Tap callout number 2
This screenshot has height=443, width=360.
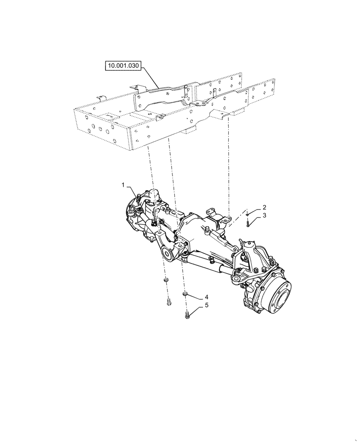coord(264,207)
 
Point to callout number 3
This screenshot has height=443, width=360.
coord(264,216)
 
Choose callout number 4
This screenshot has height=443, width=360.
coord(206,296)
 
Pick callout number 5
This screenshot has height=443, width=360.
coord(206,306)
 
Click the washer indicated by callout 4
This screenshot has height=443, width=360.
coord(186,294)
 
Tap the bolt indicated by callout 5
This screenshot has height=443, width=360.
coord(187,315)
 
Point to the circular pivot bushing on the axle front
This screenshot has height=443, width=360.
coord(168,254)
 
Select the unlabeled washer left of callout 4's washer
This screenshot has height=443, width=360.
coord(166,280)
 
